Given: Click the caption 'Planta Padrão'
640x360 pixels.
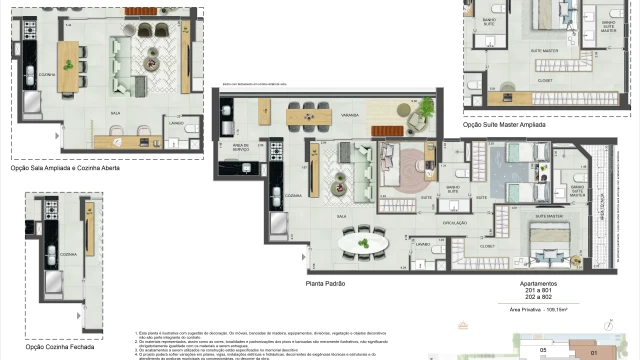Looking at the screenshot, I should coord(325,284).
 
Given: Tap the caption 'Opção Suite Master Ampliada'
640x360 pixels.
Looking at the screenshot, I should coord(509,125).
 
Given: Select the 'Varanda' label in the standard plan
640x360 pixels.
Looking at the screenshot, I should coord(323,115).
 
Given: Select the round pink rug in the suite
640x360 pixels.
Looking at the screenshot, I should coord(410,170).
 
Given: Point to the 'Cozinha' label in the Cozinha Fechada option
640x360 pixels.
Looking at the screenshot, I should coord(68,255).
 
